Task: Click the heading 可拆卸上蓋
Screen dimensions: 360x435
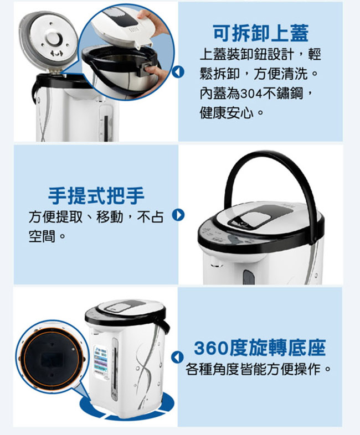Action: (261, 34)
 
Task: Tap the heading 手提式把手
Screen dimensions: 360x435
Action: (96, 195)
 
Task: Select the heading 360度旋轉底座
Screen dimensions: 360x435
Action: (260, 348)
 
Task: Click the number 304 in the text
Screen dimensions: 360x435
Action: (251, 94)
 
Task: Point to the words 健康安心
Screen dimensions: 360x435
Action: (227, 113)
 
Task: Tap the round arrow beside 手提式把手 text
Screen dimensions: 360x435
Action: (178, 215)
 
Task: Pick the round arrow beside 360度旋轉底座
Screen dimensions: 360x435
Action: (177, 358)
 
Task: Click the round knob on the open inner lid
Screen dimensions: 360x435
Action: (54, 38)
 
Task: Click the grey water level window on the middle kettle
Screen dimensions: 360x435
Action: (249, 277)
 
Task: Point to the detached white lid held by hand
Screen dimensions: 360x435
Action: (122, 28)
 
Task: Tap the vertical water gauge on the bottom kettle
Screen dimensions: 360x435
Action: (114, 369)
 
